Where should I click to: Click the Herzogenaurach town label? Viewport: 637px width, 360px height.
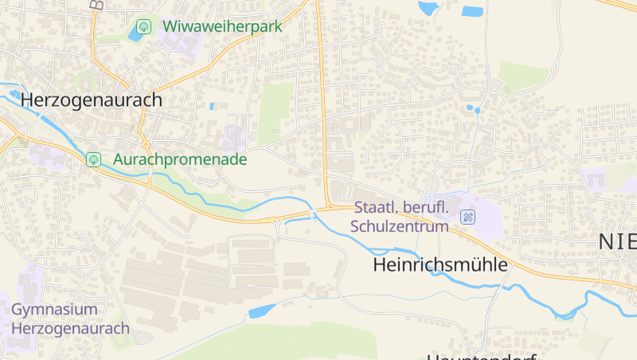92,100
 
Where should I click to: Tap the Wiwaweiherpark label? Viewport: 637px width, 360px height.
222,25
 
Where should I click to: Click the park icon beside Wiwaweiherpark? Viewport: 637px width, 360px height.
143,26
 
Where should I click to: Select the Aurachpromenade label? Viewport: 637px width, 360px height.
180,159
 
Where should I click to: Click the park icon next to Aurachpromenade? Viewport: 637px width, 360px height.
94,159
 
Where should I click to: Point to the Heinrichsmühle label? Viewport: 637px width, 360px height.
440,265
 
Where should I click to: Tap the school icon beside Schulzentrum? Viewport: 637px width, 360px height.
468,216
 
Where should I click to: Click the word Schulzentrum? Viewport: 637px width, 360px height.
400,226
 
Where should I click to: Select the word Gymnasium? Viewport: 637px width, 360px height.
54,309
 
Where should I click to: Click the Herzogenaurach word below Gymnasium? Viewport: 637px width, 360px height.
70,328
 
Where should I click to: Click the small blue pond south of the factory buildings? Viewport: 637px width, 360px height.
263,310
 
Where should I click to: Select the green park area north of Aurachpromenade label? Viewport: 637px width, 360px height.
275,112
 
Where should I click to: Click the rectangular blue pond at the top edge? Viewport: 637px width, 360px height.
473,11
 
